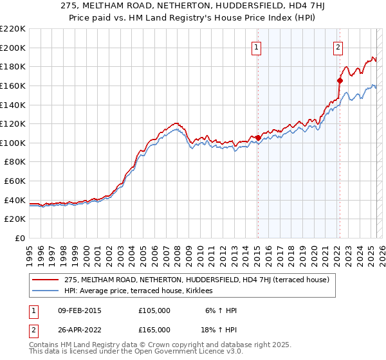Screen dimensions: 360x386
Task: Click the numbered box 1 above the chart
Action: (x=257, y=46)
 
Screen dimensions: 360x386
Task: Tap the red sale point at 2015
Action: (x=258, y=138)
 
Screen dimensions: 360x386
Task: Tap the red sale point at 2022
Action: (x=340, y=80)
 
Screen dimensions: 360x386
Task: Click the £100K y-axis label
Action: (x=14, y=143)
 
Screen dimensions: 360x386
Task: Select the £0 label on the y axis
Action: (x=19, y=238)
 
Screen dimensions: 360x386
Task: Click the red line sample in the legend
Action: (x=46, y=280)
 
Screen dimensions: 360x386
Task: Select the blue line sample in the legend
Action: (x=46, y=291)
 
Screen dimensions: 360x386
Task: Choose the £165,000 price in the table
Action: (x=154, y=330)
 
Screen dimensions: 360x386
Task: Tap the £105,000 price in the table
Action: (x=154, y=310)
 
